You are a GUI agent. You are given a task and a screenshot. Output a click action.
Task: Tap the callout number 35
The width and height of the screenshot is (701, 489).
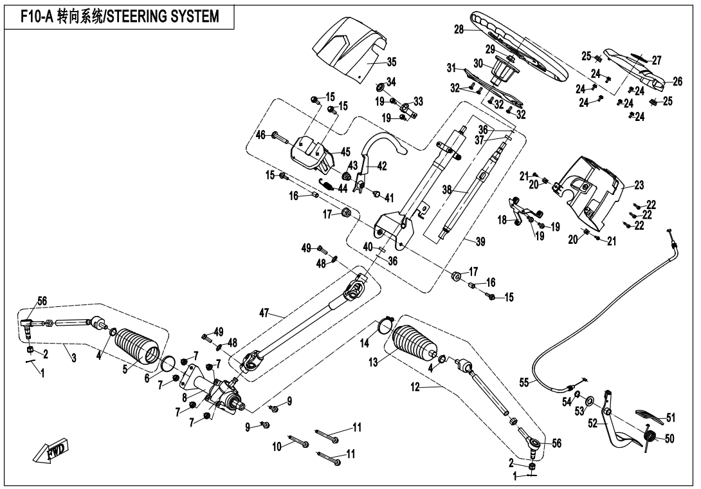(392, 62)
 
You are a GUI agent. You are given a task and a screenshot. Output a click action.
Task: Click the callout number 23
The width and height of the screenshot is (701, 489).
(639, 185)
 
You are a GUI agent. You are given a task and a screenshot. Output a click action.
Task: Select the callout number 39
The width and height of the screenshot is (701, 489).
(480, 241)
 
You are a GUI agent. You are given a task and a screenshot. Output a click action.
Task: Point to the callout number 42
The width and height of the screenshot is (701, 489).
(382, 165)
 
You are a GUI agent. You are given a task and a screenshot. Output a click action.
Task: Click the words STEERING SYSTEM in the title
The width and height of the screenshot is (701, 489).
(170, 17)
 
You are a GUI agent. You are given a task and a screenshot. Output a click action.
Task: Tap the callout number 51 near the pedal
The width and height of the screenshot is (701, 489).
(670, 417)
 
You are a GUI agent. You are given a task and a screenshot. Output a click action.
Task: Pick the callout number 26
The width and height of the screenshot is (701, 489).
(677, 81)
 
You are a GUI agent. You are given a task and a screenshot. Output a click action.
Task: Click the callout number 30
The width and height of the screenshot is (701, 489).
(477, 63)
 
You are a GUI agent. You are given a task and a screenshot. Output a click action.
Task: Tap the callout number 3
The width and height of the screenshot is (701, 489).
(74, 358)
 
